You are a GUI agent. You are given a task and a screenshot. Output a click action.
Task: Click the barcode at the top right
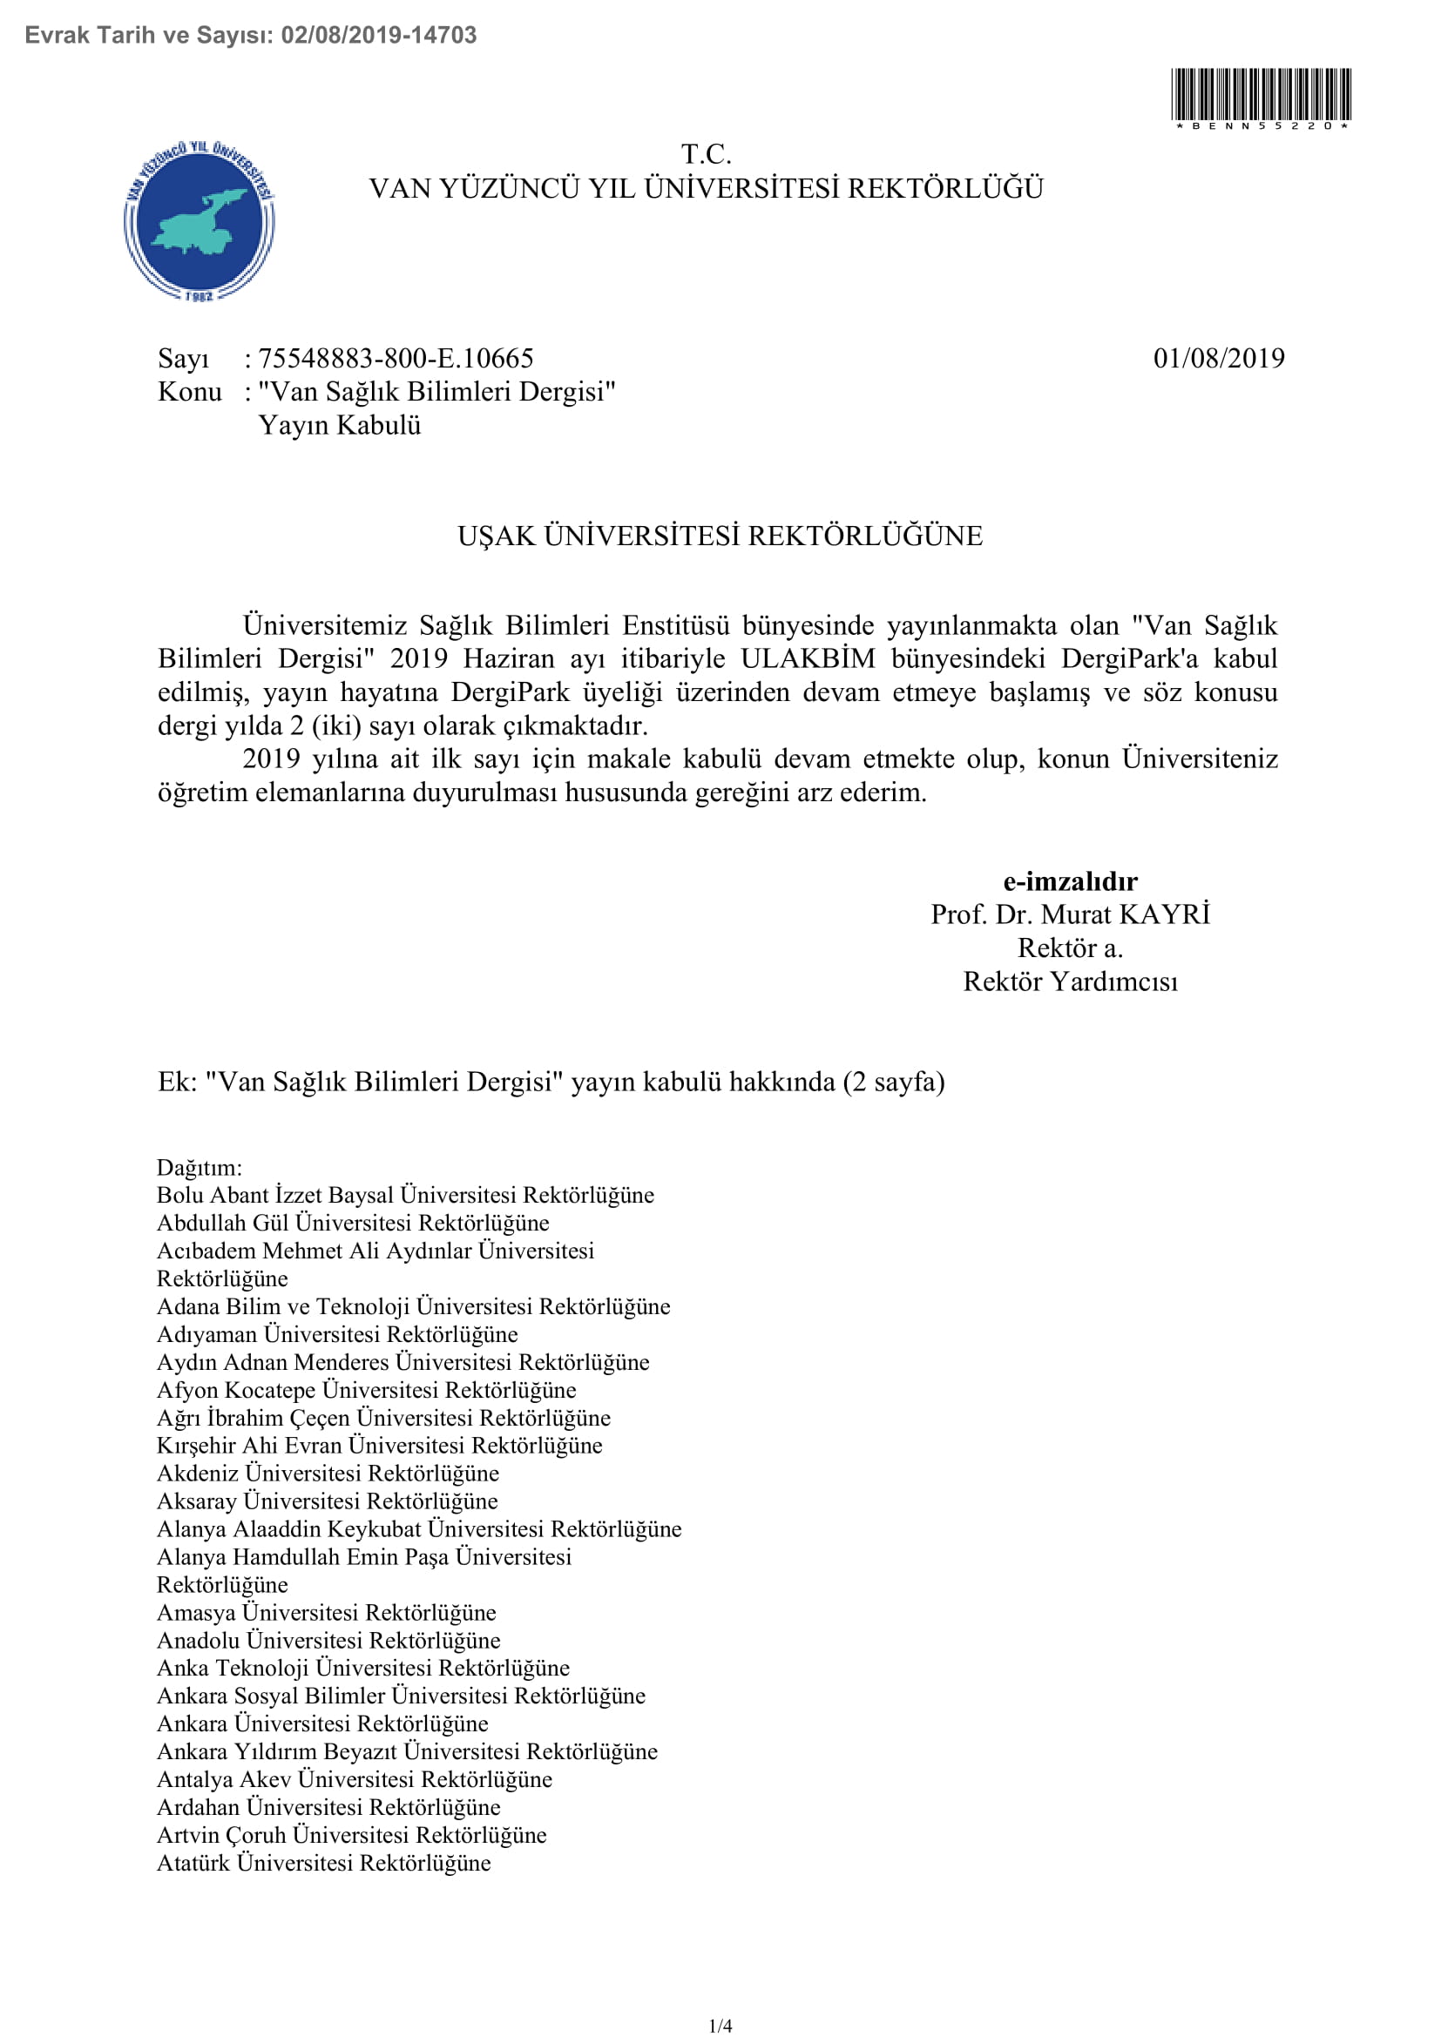pos(1261,95)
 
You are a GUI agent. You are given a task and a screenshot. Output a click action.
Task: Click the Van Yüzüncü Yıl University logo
pos(200,220)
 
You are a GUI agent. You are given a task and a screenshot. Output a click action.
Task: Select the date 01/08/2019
pos(1218,359)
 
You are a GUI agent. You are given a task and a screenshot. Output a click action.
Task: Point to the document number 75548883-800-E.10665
pos(396,359)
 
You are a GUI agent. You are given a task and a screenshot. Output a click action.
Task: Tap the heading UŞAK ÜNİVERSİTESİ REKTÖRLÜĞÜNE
pos(720,536)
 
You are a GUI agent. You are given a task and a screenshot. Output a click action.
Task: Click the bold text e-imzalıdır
pos(1069,881)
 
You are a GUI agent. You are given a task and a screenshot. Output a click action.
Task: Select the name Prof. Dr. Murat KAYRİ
pos(1070,914)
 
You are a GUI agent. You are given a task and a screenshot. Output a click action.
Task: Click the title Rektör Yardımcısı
pos(1070,982)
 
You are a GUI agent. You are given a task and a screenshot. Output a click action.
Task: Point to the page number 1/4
pos(720,2026)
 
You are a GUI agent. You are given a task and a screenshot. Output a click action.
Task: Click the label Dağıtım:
pos(200,1168)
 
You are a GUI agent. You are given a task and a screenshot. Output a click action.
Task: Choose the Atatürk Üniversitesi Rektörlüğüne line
pos(324,1863)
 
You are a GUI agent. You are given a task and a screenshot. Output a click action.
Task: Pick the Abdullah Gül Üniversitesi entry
pos(353,1224)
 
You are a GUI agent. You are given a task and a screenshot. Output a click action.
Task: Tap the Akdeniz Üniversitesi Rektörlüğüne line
pos(328,1474)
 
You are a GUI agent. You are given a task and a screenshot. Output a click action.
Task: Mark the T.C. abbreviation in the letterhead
pos(707,154)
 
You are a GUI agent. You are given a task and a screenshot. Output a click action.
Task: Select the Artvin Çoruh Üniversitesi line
pos(351,1835)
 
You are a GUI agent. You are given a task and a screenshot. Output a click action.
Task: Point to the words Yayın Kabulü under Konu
pos(340,426)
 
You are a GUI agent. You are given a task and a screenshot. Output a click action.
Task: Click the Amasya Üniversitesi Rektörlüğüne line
pos(327,1612)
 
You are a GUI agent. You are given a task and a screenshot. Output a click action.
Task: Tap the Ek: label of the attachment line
pos(178,1083)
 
